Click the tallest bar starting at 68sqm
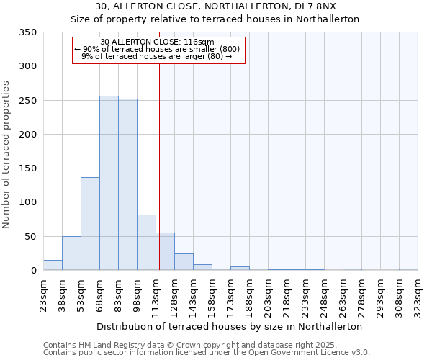pos(109,183)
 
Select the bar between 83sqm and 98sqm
pos(127,184)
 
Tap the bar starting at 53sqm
pos(90,223)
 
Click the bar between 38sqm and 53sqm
pos(71,253)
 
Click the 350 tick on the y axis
pos(28,32)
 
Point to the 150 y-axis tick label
pos(28,168)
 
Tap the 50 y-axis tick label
pos(31,237)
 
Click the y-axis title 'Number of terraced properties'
pos(6,155)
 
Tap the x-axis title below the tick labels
pos(230,326)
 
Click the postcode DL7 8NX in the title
pos(316,6)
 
